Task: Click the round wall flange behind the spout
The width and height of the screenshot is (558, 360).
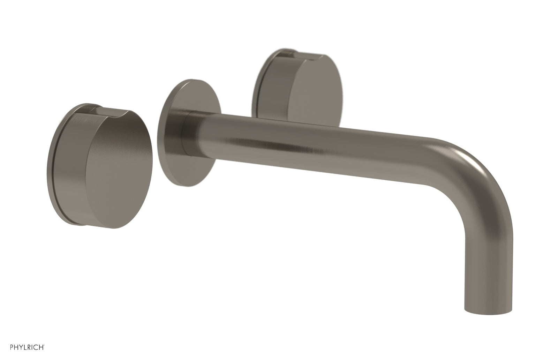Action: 174,140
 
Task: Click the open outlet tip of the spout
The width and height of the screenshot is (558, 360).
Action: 488,309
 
